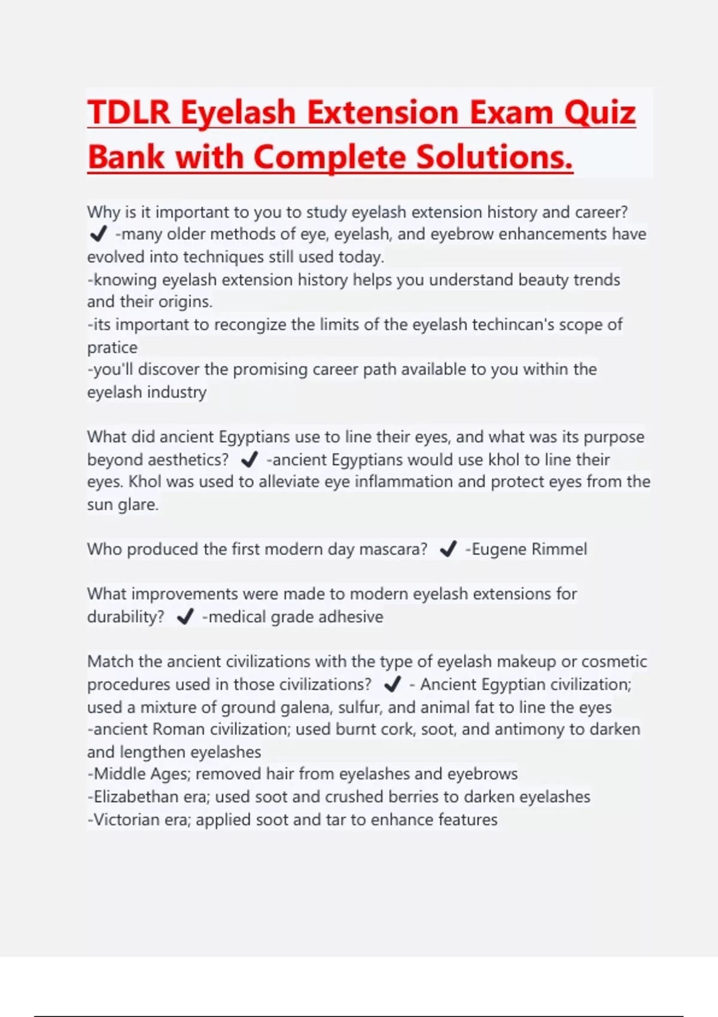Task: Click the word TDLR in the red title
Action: point(129,112)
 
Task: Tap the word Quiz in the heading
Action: point(600,112)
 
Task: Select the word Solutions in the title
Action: point(493,157)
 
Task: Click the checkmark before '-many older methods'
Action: point(98,234)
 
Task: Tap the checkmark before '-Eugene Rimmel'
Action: point(448,549)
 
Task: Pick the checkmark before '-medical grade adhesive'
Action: point(185,617)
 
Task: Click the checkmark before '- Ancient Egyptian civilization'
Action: point(393,684)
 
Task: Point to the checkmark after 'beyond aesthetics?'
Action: point(249,459)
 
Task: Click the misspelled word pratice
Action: point(112,348)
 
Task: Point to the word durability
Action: point(125,617)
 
